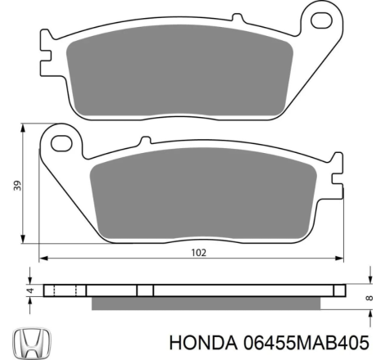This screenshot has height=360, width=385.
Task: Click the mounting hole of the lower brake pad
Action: point(60,144)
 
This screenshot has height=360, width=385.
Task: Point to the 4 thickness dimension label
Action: point(29,290)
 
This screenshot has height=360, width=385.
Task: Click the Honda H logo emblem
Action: point(30,341)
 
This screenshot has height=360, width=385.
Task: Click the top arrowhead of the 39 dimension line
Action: point(20,128)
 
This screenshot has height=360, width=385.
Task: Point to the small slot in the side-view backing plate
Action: point(144,290)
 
